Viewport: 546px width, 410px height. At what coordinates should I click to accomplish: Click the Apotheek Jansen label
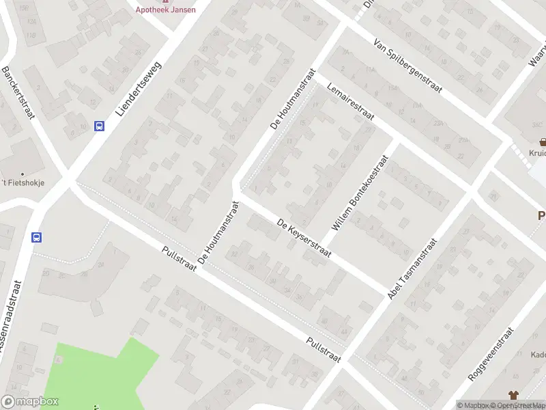[165, 9]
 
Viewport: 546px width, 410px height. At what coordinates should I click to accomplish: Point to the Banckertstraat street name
[18, 93]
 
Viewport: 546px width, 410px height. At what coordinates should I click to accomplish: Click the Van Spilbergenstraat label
[408, 65]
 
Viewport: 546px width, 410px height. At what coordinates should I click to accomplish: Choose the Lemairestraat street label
[351, 103]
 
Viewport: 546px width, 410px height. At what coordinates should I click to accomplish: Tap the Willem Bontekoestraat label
[360, 191]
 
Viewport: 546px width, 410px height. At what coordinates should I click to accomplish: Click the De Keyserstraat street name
[304, 238]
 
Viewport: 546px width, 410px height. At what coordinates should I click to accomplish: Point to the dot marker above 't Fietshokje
[22, 174]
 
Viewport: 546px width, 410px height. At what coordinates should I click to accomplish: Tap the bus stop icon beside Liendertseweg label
[100, 126]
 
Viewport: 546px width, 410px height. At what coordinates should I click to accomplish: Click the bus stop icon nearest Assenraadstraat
[36, 238]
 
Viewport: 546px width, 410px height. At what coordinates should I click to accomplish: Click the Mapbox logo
[30, 402]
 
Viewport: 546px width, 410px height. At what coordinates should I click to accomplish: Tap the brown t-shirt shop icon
[513, 395]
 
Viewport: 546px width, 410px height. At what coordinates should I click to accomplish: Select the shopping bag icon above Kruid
[543, 142]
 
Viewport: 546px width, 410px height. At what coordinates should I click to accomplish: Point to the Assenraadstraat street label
[8, 321]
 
